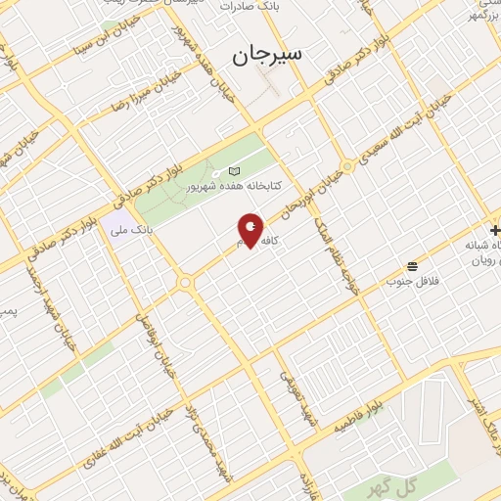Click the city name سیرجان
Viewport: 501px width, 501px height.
(x=269, y=55)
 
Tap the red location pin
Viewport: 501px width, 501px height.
(x=250, y=231)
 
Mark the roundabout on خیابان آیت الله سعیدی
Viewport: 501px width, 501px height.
(x=346, y=166)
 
